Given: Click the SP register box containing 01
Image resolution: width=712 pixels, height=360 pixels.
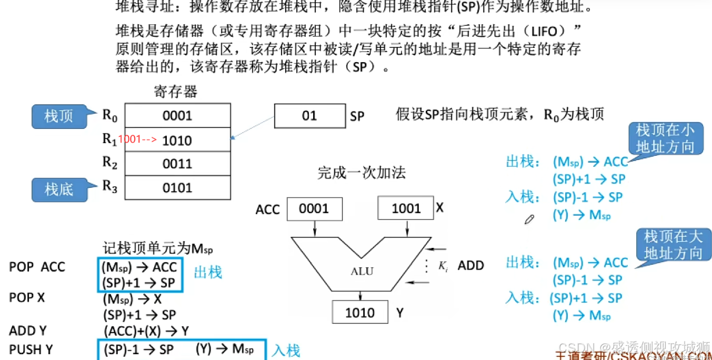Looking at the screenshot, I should (309, 116).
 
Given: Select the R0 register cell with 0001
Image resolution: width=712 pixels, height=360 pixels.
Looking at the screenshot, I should (177, 116).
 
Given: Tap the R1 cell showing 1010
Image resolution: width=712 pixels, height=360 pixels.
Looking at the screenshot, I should (177, 141).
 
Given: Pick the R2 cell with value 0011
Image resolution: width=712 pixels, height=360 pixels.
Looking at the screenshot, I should (177, 164).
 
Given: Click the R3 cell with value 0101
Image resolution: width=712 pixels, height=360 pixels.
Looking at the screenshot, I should (177, 188).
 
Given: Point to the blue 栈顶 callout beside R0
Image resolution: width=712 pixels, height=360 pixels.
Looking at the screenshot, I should (58, 116).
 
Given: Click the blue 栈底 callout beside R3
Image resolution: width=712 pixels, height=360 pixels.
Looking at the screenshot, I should (58, 189).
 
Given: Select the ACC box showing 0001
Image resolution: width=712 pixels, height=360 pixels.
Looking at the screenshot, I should (314, 209).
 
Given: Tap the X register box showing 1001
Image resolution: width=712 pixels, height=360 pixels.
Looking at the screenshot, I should (406, 209).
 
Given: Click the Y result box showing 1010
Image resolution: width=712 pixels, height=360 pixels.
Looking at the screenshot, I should (360, 313).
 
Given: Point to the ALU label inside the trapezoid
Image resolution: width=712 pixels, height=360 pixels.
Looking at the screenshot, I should (362, 272).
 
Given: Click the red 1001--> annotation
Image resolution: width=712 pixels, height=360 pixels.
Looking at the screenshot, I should (137, 139).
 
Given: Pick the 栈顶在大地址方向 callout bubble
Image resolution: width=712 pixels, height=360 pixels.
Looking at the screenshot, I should (673, 245).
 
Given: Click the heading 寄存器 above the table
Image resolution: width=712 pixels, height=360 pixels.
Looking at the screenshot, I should (175, 92).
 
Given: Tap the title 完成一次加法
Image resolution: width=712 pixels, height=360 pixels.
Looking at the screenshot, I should (362, 173).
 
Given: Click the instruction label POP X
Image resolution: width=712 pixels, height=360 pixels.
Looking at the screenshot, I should (27, 298).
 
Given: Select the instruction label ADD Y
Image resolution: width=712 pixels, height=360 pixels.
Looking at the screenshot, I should (28, 331).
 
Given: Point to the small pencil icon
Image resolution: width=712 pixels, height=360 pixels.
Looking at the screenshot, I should (529, 219).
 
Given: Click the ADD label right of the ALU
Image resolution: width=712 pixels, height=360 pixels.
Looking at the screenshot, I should (470, 265).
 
